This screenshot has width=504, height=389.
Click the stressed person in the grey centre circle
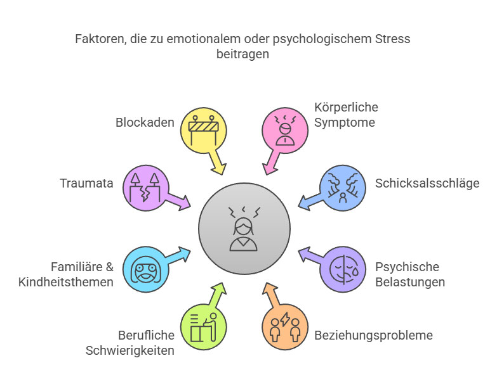coord(244,227)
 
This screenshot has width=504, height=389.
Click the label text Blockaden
coord(145,122)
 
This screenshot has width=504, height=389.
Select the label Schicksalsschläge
coord(427,184)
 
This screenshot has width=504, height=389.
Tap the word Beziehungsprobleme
coord(373,335)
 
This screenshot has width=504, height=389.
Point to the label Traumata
coord(86,184)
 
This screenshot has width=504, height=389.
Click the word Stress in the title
coord(392,39)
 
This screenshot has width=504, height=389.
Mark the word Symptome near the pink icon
coord(345,122)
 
